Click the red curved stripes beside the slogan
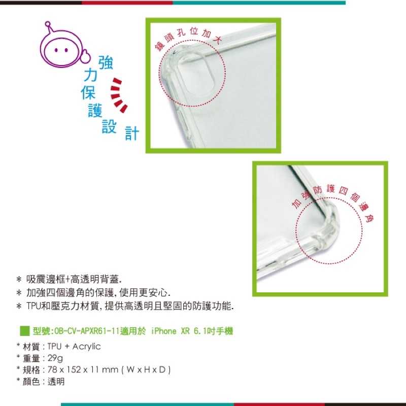119,95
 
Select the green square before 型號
24,331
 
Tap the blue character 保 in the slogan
87,92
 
